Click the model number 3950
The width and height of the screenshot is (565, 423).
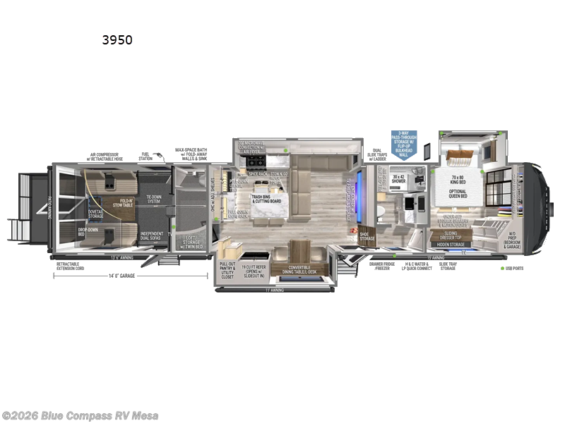point(117,40)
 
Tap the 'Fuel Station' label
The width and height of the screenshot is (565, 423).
point(145,157)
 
